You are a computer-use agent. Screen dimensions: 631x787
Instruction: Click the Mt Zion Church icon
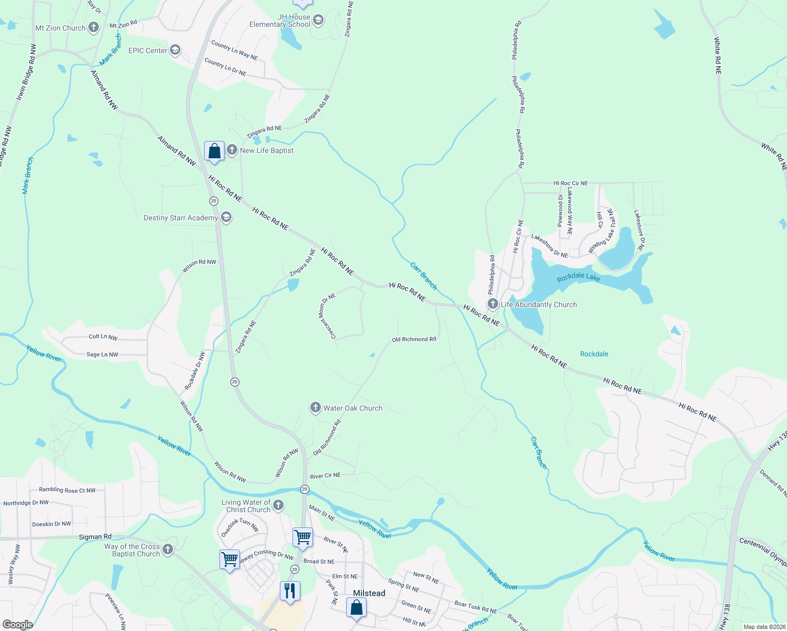[94, 27]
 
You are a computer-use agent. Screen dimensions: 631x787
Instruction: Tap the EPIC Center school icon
[175, 50]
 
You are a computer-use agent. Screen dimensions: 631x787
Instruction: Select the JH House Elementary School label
[280, 21]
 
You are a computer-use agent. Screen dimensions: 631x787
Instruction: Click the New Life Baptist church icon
[232, 150]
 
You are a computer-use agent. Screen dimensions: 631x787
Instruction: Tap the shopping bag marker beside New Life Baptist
[214, 152]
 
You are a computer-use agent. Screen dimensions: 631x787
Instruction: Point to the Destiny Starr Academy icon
[226, 217]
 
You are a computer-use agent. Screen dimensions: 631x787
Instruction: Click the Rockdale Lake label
[578, 277]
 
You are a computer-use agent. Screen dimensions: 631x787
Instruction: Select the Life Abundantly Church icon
[493, 304]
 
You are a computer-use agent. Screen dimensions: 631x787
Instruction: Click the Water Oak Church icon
[315, 408]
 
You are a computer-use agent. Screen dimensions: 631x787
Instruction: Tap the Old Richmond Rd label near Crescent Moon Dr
[413, 339]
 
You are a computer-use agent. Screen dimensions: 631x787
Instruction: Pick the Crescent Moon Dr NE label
[327, 315]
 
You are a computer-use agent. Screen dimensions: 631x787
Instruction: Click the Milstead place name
[369, 593]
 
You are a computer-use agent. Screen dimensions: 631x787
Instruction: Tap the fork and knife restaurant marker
[290, 592]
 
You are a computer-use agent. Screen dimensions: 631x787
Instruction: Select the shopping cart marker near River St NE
[303, 538]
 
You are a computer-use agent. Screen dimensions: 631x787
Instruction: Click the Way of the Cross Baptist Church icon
[168, 549]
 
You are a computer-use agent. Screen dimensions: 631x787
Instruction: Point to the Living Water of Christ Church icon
[278, 505]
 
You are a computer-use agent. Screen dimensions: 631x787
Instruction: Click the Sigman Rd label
[95, 537]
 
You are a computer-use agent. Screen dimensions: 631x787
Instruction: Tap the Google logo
[18, 625]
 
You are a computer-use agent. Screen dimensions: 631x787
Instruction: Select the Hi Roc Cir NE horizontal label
[570, 183]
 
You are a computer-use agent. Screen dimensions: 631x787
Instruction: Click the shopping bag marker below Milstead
[356, 608]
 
